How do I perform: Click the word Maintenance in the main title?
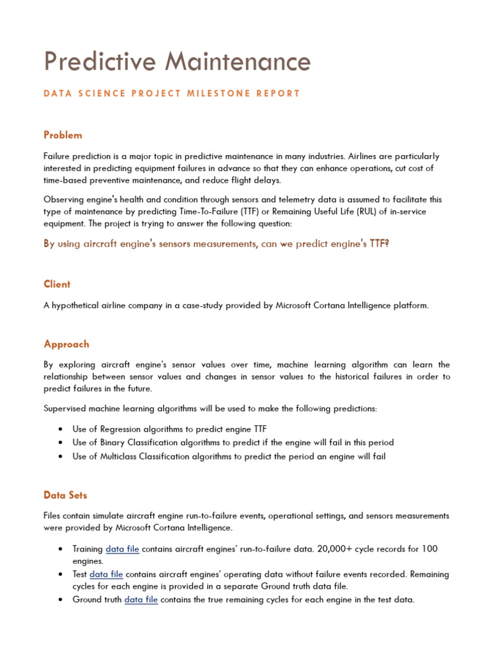(x=238, y=62)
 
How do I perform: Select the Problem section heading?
(x=63, y=135)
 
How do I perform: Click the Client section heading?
(x=57, y=284)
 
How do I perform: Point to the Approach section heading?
(x=66, y=344)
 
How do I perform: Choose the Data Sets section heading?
(x=65, y=496)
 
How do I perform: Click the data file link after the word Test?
(x=106, y=574)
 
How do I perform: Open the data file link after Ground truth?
(x=141, y=600)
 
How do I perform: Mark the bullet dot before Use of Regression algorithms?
(x=60, y=429)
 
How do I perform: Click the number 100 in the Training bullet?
(x=430, y=549)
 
